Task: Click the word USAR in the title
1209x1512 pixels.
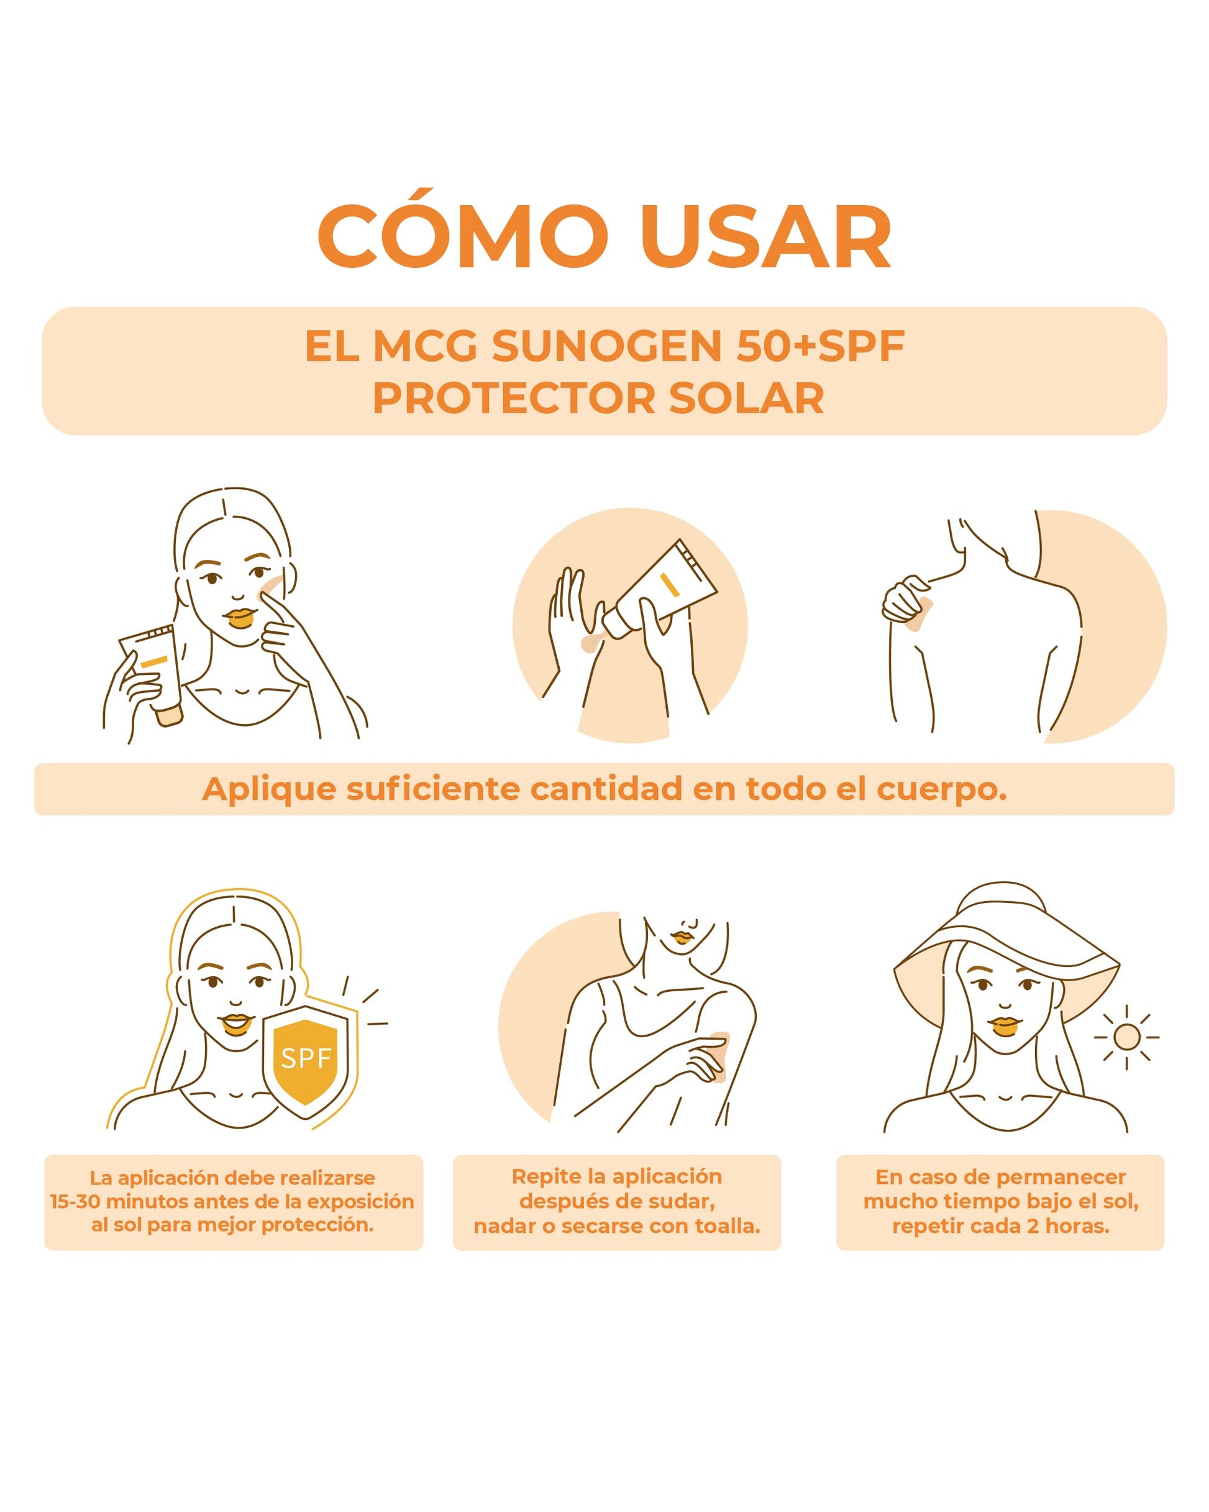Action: (766, 236)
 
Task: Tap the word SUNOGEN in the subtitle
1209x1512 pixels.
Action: (606, 346)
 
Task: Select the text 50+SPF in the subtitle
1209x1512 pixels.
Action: (820, 346)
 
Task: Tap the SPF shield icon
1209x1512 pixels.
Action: (306, 1063)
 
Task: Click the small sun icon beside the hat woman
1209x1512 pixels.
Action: (1126, 1037)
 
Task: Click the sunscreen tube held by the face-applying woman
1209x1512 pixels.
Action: (153, 673)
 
